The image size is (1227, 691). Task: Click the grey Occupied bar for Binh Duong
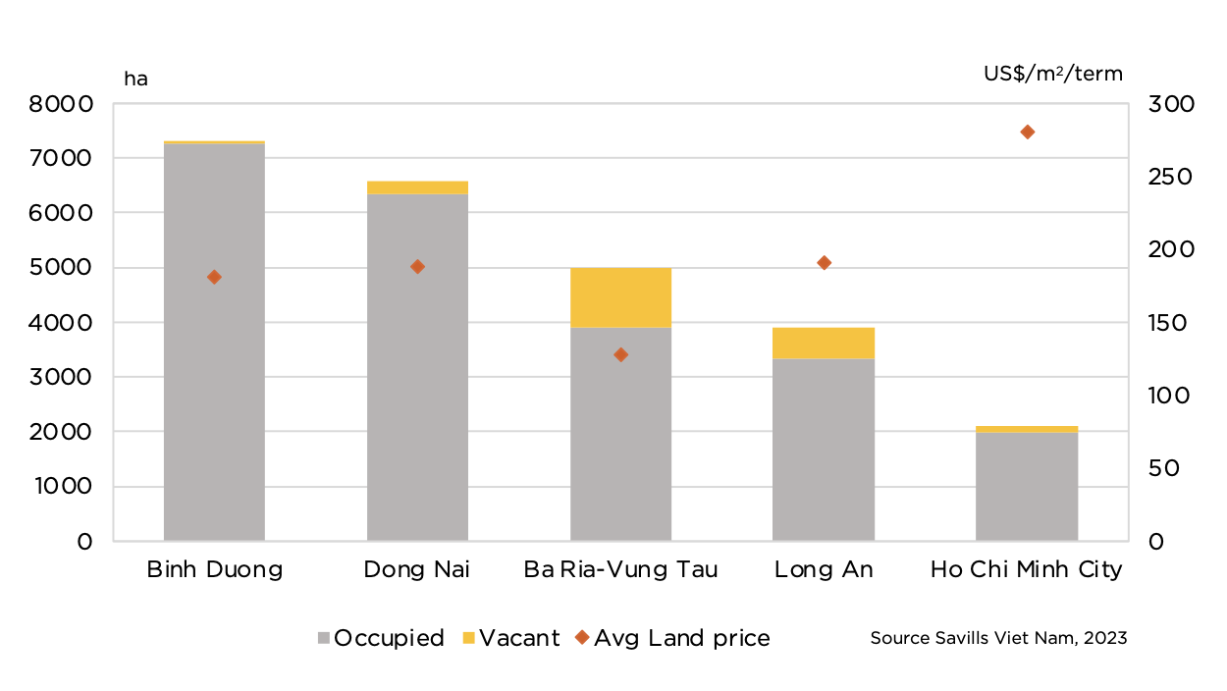214,393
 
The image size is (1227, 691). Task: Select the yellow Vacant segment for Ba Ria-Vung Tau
620,297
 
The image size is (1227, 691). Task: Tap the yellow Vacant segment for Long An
824,343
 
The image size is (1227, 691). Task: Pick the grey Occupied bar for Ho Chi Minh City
1027,486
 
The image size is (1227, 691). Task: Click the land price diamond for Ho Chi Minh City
1028,132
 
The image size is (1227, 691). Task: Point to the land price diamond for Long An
825,262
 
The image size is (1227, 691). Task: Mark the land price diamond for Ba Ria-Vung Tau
620,354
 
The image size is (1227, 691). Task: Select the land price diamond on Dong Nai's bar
417,266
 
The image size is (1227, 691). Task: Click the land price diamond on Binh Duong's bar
214,277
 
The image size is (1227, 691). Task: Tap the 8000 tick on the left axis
61,104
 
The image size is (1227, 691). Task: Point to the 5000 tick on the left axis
61,268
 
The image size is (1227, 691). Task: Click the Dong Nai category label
417,570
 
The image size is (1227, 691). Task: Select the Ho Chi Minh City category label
1027,570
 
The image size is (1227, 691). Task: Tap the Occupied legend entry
381,638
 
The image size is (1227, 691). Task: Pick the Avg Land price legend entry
672,638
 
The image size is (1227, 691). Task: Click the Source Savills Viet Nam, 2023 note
998,638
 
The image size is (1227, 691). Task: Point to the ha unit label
135,79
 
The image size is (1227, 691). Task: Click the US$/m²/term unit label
1053,74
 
